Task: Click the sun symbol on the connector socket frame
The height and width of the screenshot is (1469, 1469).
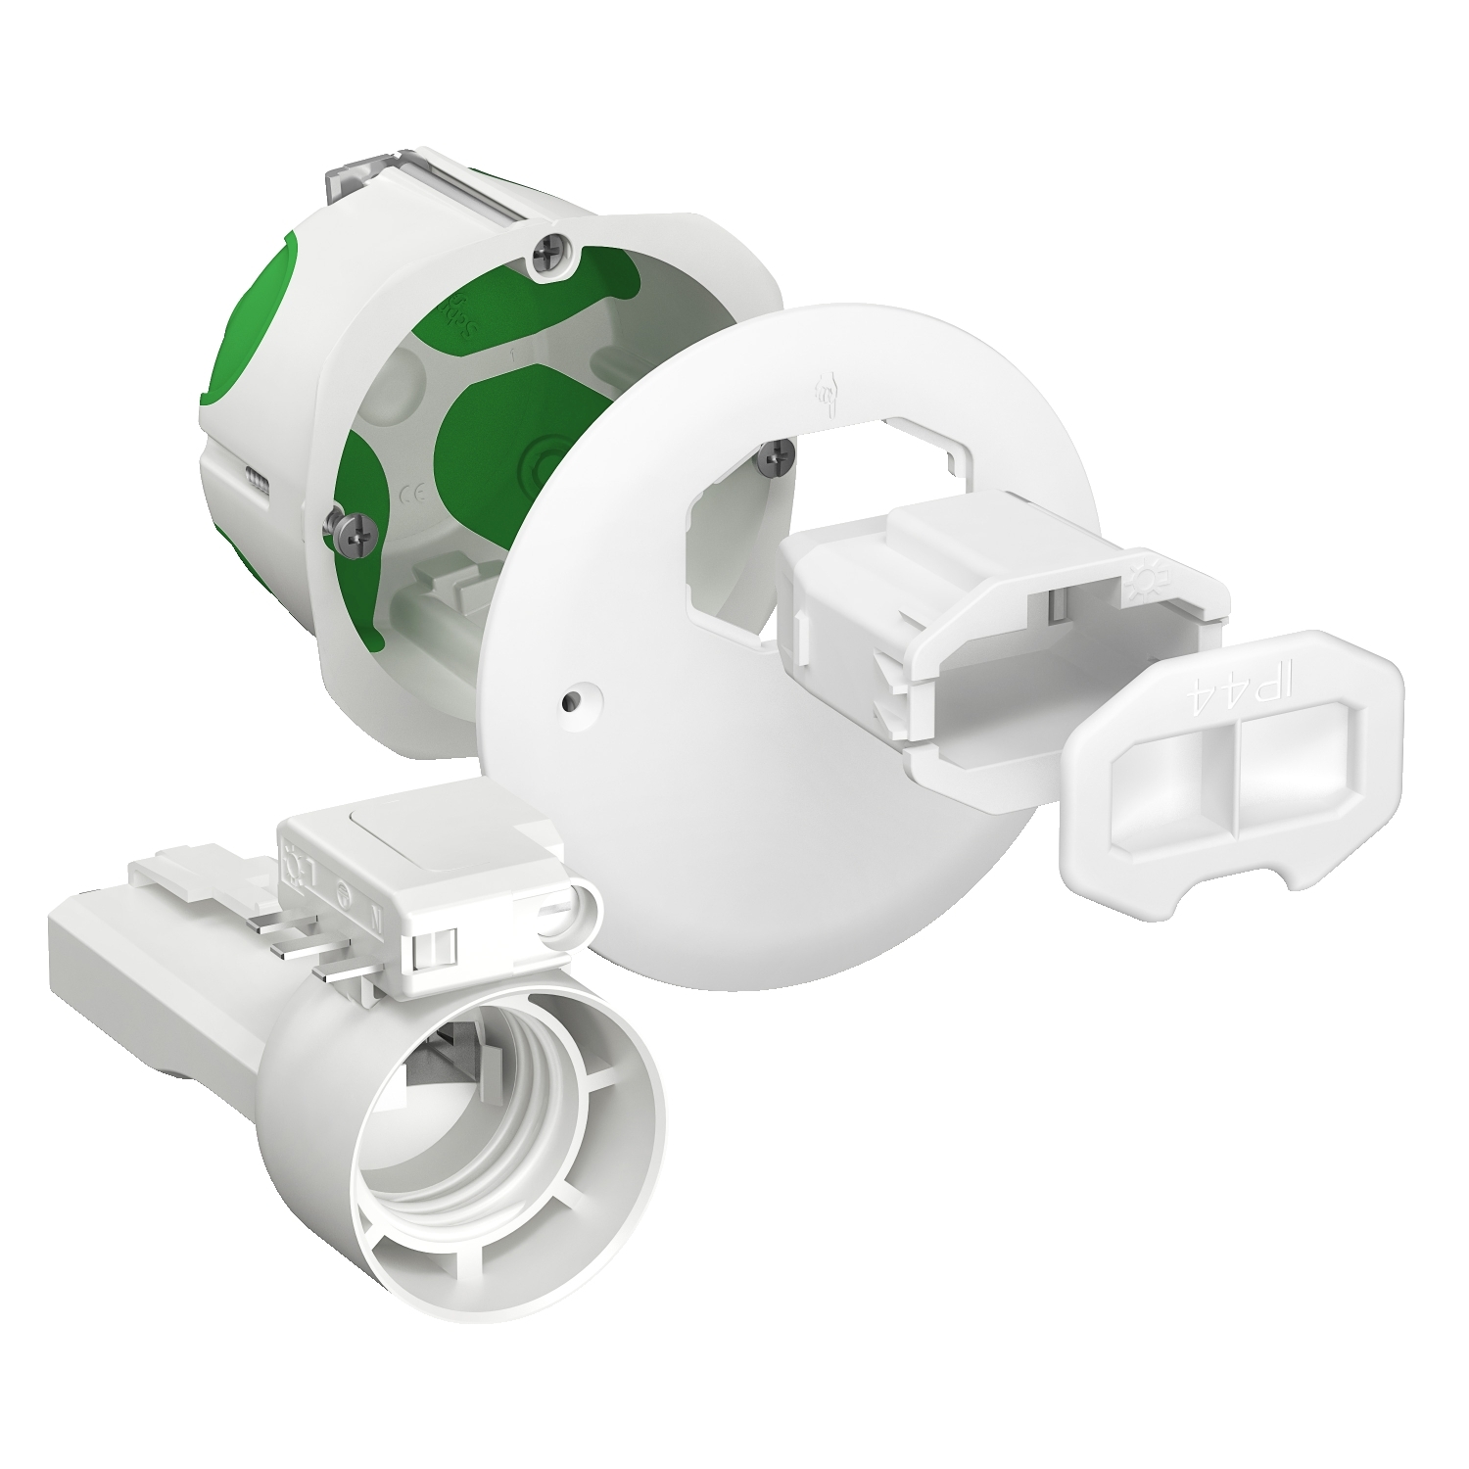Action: coord(1144,577)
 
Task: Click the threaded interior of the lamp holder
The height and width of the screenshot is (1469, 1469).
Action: coord(509,1126)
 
